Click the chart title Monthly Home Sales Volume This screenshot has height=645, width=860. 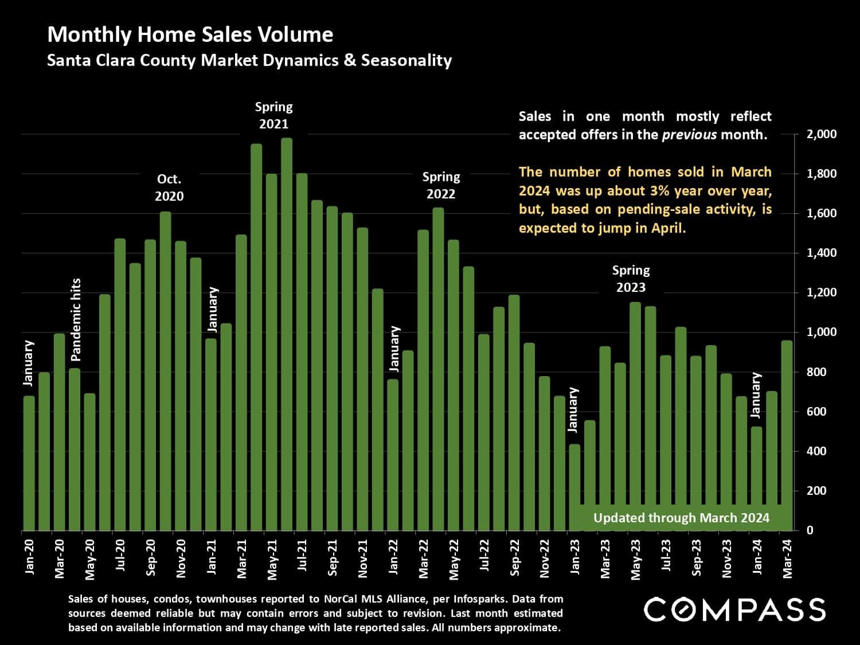190,35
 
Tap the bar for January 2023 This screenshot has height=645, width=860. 574,487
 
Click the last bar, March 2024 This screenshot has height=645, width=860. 787,436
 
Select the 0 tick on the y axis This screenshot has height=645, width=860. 810,530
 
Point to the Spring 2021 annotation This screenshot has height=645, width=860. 273,115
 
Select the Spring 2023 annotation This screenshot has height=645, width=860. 631,279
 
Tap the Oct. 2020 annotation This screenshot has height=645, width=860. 169,187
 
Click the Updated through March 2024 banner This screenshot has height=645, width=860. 681,518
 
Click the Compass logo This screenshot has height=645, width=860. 734,609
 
